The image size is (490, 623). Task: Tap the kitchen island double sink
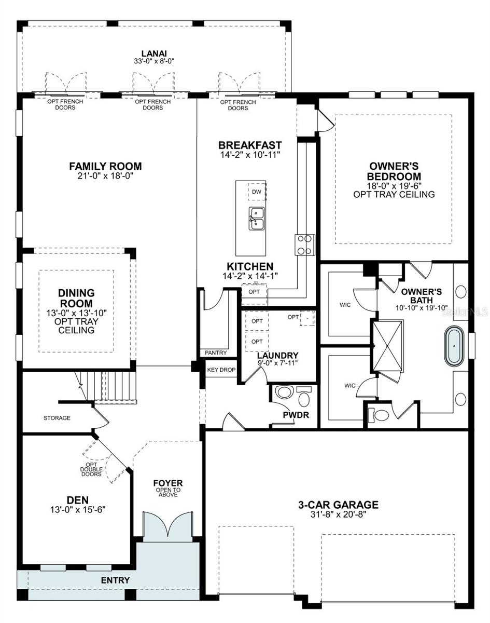click(x=257, y=219)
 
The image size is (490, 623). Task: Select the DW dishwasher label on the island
click(x=257, y=192)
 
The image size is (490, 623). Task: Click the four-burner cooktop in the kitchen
click(x=305, y=245)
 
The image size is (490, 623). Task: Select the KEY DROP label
click(x=221, y=370)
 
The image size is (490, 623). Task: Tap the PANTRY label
click(x=216, y=353)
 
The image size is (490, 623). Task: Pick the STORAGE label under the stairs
click(x=57, y=418)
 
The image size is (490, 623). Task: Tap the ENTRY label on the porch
click(x=115, y=580)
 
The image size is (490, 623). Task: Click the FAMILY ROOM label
click(x=105, y=166)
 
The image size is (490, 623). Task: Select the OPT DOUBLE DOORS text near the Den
click(x=91, y=469)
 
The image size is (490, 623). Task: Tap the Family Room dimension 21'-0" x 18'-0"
click(x=105, y=176)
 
